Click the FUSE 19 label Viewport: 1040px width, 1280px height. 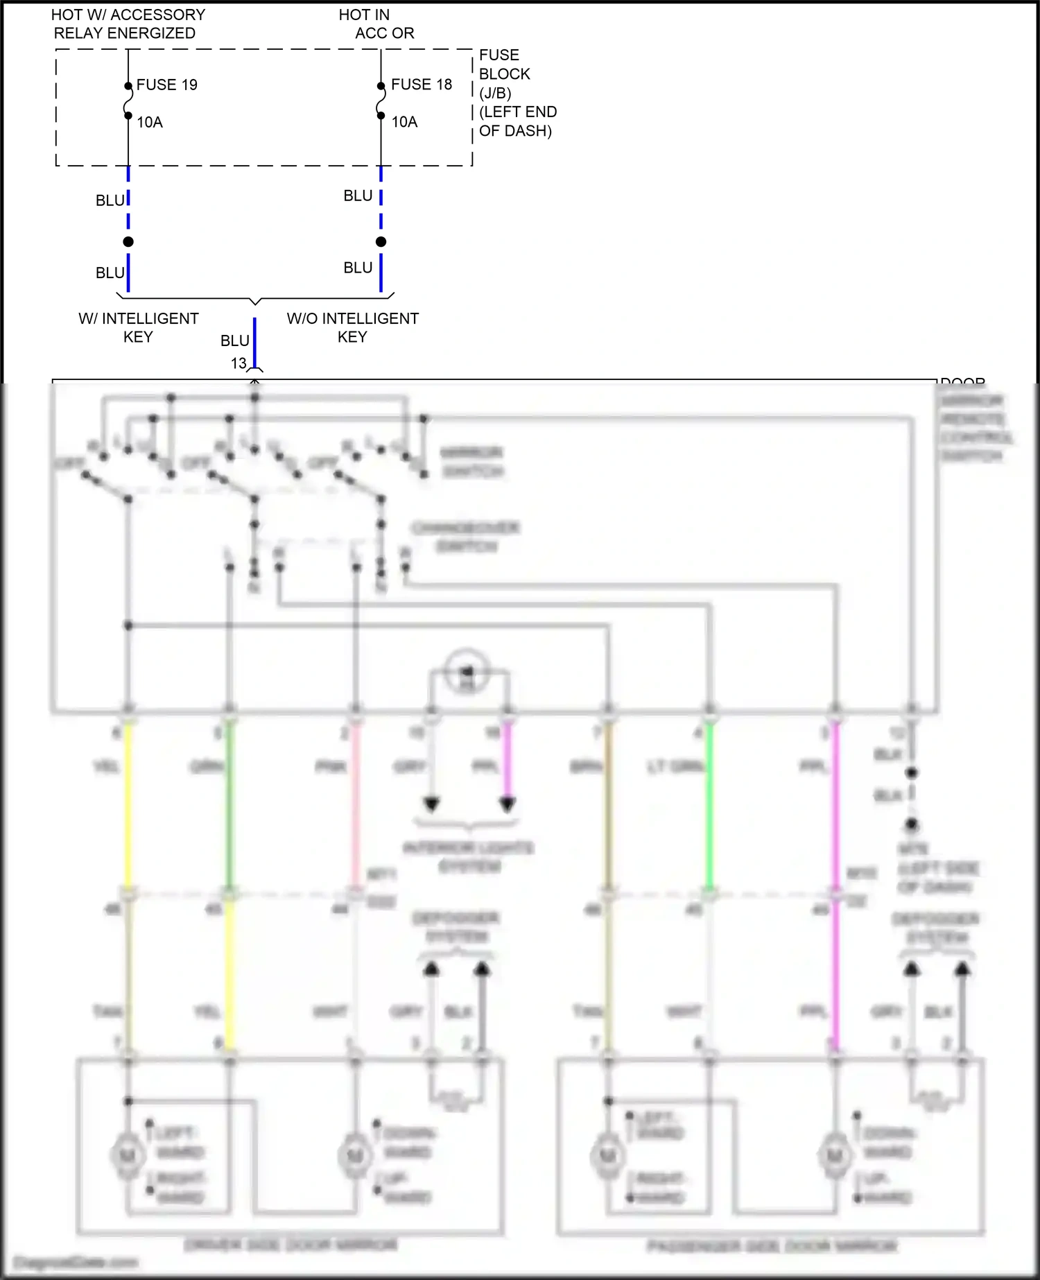coord(166,85)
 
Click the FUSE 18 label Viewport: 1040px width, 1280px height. coord(421,85)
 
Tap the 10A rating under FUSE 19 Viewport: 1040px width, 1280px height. coord(149,123)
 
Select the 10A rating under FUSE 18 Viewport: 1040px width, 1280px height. coord(404,122)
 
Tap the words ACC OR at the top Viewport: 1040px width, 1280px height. coord(384,33)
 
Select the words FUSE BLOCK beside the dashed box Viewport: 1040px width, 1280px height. coord(504,64)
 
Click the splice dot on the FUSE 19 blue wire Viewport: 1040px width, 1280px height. coord(128,241)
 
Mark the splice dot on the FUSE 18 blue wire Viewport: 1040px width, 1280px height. coord(381,241)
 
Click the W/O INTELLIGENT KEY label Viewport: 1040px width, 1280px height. coord(352,327)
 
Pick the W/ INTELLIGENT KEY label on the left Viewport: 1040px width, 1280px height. coord(138,327)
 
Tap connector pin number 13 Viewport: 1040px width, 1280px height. coord(239,363)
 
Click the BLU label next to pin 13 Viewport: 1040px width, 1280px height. coord(234,341)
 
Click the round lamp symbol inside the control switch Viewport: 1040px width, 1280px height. coord(467,671)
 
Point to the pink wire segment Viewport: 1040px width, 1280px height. coord(356,804)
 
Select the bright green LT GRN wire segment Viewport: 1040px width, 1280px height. coord(709,804)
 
